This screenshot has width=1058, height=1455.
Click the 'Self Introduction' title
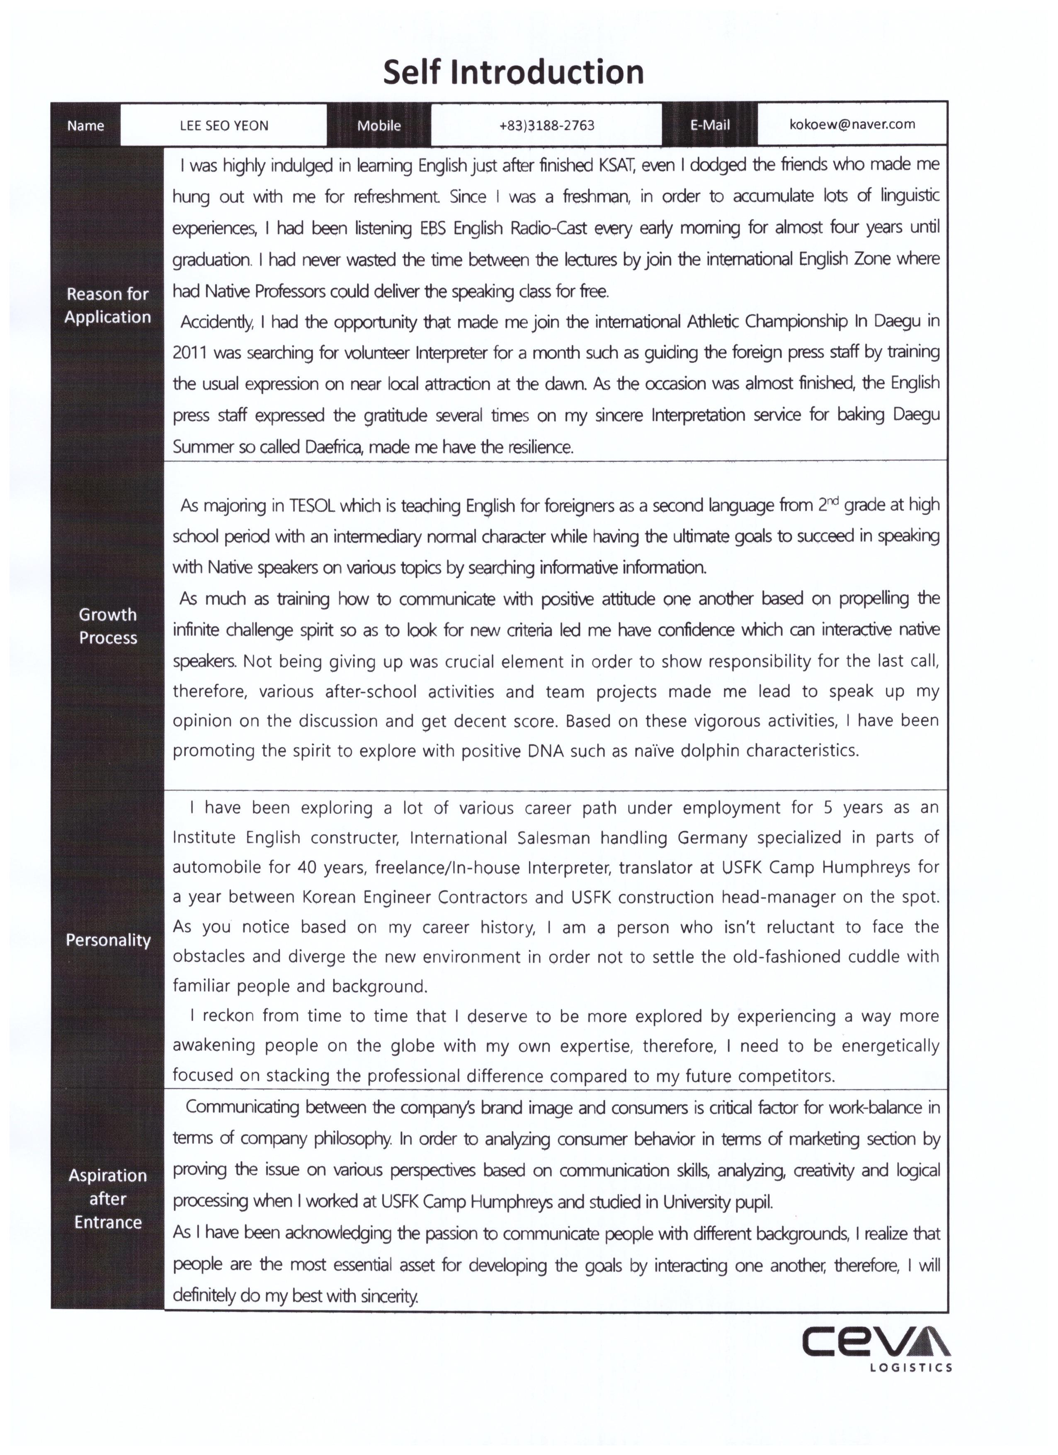tap(513, 72)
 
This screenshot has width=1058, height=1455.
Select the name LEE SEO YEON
tap(224, 126)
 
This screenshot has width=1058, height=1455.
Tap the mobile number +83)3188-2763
tap(547, 125)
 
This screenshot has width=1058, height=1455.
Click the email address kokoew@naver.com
tap(852, 124)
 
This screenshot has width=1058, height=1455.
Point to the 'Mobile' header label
tap(379, 126)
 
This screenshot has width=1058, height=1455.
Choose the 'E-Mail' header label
tap(710, 125)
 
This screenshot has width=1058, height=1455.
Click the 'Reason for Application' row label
tap(108, 306)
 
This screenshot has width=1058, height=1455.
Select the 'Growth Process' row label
tap(108, 626)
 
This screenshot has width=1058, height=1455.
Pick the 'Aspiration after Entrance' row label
tap(108, 1198)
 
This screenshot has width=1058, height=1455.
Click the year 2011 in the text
tap(190, 353)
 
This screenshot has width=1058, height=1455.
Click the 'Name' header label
tap(85, 126)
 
